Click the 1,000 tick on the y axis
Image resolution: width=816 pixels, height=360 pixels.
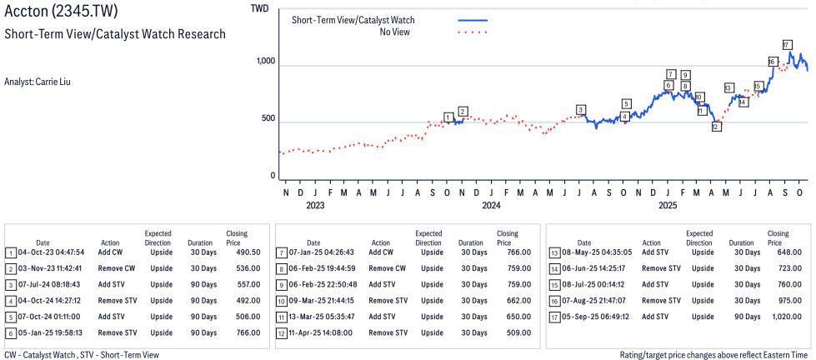pos(266,62)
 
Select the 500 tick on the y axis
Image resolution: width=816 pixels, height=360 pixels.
pos(268,119)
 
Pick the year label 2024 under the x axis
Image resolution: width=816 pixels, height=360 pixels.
pos(491,204)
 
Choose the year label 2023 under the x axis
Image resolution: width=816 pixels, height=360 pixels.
pos(315,204)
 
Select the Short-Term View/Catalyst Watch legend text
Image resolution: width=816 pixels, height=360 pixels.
pos(353,20)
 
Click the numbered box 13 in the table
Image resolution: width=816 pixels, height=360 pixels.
pos(554,252)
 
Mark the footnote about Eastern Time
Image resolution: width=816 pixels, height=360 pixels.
pos(714,355)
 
